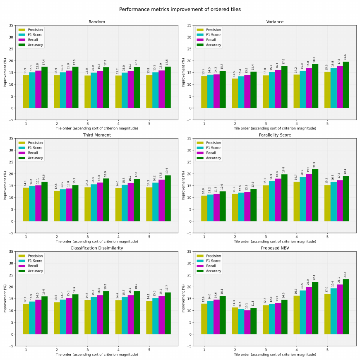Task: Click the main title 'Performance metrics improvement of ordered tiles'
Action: point(180,10)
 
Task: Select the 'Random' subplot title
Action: point(96,22)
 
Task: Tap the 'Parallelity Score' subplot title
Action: point(275,135)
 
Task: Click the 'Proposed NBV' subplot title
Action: point(275,248)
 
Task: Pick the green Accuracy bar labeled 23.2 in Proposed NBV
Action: point(346,307)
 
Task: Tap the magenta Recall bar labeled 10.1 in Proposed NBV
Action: point(247,322)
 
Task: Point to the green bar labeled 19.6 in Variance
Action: point(346,85)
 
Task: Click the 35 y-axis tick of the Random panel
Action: point(12,25)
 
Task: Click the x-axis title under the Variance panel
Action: point(275,128)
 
